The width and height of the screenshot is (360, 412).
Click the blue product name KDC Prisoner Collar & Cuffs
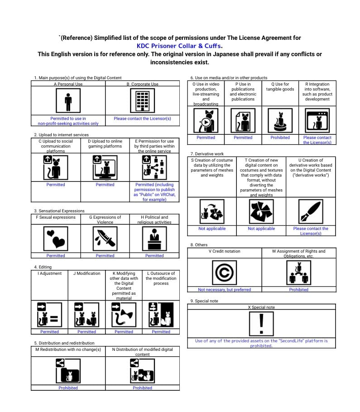(x=179, y=46)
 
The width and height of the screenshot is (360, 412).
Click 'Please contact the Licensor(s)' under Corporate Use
(x=142, y=119)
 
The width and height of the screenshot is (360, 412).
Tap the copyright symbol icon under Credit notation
(x=225, y=273)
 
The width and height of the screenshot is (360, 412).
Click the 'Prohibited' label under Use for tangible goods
(x=280, y=138)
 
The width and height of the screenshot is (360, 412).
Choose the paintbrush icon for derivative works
(x=311, y=212)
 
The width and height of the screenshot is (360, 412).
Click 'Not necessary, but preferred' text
(x=224, y=290)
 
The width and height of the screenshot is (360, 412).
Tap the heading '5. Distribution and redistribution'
(x=64, y=343)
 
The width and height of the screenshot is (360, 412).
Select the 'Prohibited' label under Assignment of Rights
(x=298, y=290)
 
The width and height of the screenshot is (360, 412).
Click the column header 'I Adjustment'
(x=49, y=273)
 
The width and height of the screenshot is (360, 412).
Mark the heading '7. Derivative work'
(x=207, y=154)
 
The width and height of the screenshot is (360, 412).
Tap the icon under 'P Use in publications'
(x=243, y=121)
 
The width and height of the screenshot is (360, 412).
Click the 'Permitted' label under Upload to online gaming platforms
(x=105, y=185)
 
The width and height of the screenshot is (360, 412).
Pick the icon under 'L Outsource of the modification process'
(x=161, y=314)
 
